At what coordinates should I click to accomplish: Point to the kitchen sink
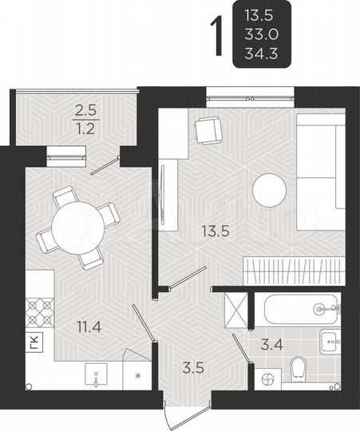(x=97, y=374)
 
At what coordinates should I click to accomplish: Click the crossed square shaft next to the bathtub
(x=238, y=308)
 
